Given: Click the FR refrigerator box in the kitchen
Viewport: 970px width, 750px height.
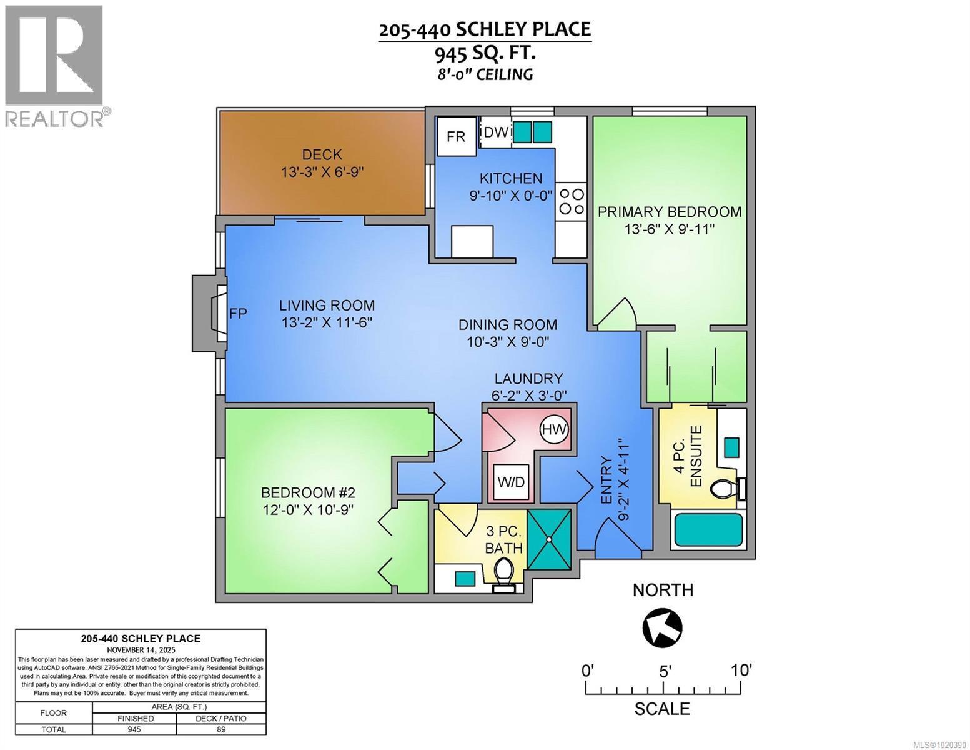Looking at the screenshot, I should click(456, 136).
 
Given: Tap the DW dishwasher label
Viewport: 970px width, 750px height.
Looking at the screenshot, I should click(497, 132).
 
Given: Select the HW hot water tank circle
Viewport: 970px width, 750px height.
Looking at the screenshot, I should click(553, 429).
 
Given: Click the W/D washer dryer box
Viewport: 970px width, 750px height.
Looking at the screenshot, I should click(511, 482).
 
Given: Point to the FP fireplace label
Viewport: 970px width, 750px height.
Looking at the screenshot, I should click(238, 314).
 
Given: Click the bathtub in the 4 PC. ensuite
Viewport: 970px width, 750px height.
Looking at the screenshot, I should click(708, 530).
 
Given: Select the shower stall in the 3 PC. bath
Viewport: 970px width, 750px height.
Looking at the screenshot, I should click(549, 539).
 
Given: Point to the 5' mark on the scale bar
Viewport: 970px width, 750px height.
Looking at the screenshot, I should click(664, 672).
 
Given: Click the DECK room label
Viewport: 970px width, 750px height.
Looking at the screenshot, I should click(322, 154).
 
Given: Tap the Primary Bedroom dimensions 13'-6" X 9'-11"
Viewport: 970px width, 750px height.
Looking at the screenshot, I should click(669, 229).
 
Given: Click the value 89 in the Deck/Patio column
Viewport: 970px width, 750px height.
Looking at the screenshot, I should click(221, 729).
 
